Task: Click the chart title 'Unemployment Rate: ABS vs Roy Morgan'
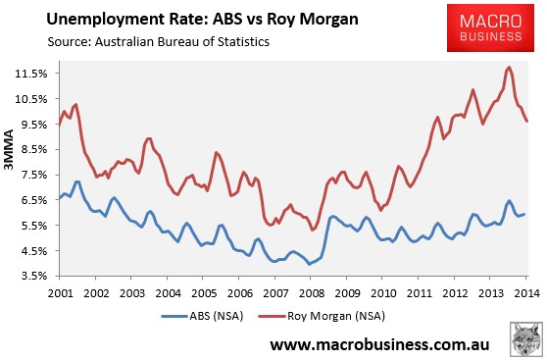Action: coord(202,20)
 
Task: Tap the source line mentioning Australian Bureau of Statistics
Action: coord(159,42)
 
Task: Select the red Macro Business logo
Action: coord(490,27)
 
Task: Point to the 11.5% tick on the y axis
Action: coord(31,74)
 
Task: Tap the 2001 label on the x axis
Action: coord(61,293)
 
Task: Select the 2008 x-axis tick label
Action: coord(312,293)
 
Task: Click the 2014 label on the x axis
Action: coord(526,293)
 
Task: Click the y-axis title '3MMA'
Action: coord(9,149)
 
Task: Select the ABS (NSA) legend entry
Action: coord(202,316)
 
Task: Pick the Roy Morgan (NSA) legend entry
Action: coord(322,316)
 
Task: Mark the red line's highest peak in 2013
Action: coord(509,67)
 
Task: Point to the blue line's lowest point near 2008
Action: coord(309,264)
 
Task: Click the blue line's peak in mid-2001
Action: coord(77,181)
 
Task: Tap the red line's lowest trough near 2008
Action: coord(313,230)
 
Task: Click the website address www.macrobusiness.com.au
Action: coord(379,344)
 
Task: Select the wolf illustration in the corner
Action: coord(526,339)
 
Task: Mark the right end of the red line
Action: coord(527,122)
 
